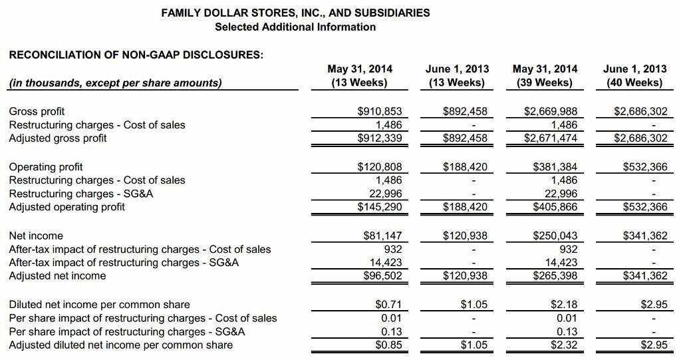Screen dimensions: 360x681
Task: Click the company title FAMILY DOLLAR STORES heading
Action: pos(295,13)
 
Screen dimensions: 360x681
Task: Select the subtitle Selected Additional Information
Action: pos(295,27)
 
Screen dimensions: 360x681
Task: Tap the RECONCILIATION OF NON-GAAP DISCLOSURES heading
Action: pos(136,55)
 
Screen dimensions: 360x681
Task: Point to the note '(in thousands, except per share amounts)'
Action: pos(115,83)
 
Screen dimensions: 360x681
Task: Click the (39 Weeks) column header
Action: pos(545,83)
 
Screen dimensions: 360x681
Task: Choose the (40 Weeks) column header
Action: pos(634,83)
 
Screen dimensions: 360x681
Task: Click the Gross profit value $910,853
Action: pos(380,111)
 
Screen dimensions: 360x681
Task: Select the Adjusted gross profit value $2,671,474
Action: pos(550,138)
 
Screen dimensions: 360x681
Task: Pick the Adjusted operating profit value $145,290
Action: pos(380,207)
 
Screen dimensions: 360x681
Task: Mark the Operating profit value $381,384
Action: pos(555,166)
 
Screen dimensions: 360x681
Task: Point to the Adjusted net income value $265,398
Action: pos(555,275)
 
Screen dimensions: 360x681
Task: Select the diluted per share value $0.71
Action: pos(388,305)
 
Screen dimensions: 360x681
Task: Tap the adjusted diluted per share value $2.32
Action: pos(563,345)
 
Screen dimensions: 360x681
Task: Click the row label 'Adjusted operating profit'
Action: pos(67,207)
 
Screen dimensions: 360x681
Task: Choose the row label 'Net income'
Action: pos(36,236)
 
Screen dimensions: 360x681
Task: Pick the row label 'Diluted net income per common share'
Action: pos(99,305)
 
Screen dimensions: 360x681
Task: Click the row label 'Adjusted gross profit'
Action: pos(58,138)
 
